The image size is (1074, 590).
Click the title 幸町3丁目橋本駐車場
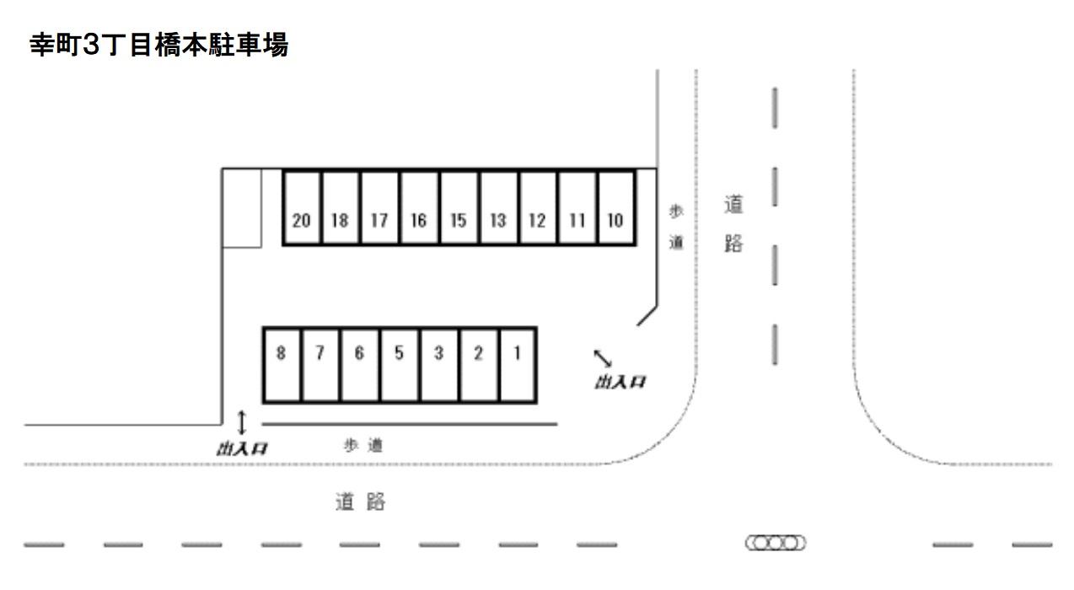click(159, 46)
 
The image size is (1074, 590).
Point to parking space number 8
click(282, 365)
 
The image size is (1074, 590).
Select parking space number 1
click(518, 365)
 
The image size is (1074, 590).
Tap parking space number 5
click(400, 365)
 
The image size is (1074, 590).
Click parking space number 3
click(439, 365)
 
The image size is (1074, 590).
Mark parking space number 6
click(360, 365)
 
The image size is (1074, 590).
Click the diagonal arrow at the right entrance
click(604, 357)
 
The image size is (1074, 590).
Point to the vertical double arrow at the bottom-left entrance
click(242, 421)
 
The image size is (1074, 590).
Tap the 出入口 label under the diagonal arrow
click(620, 383)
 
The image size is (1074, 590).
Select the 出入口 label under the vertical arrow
click(242, 448)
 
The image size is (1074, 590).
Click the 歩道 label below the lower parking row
click(363, 446)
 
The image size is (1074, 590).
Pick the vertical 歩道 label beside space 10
click(676, 228)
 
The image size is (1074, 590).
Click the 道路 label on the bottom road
click(360, 502)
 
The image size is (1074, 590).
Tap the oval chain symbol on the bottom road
click(775, 543)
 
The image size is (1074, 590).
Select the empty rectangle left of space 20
click(241, 208)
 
